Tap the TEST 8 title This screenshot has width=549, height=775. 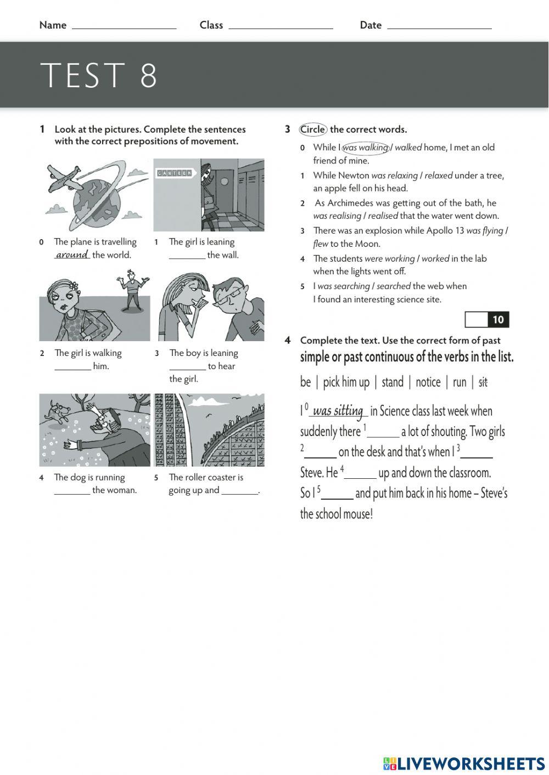point(99,75)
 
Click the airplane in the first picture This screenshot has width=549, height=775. point(64,178)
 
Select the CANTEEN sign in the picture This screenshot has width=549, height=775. point(174,173)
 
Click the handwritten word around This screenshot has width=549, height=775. point(72,254)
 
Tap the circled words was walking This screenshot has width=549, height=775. point(365,148)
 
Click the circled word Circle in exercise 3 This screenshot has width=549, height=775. point(313,129)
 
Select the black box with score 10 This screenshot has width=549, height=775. point(497,320)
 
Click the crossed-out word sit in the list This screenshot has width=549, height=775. point(483,382)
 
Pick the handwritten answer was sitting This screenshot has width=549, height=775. point(338,411)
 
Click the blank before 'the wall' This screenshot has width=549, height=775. point(187,256)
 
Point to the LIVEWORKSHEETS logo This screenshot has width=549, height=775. point(464,763)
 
